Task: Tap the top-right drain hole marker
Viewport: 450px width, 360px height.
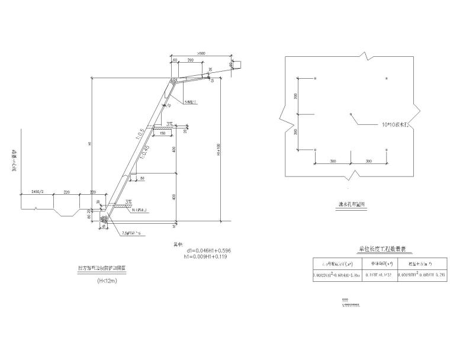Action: coord(387,78)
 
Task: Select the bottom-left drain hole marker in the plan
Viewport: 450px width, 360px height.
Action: coord(316,149)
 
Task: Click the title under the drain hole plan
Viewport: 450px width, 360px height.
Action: coord(351,205)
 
